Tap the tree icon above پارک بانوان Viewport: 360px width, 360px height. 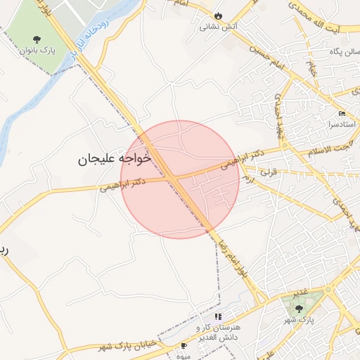tap(36, 39)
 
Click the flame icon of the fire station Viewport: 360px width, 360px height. tap(218, 15)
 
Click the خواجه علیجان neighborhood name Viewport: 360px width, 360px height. tap(115, 160)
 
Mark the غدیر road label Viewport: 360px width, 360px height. tap(300, 292)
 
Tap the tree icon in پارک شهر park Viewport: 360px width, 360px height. tap(300, 308)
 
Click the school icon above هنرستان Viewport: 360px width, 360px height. tap(218, 317)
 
